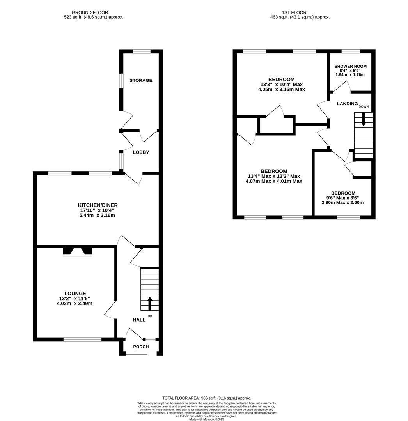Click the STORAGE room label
tap(141, 80)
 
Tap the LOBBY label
tap(141, 152)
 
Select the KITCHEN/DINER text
tap(98, 205)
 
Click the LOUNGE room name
tap(75, 294)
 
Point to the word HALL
tap(139, 320)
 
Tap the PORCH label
tap(141, 347)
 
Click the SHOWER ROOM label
tap(350, 67)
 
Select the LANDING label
tap(347, 104)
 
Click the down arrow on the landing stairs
tap(364, 119)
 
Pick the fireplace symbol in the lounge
tap(77, 251)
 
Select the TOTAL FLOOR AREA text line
tap(206, 398)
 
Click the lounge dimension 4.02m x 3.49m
tap(75, 304)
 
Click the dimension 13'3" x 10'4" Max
tap(281, 85)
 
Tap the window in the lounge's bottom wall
tap(82, 340)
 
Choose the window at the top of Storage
tap(141, 51)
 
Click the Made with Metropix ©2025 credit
tap(206, 419)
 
